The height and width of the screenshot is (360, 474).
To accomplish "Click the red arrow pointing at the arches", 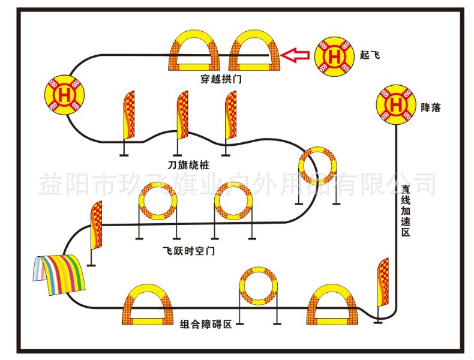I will tap(296, 56).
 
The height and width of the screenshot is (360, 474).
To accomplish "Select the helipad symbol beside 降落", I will tap(396, 105).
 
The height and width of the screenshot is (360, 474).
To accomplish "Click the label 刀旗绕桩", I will tap(189, 163).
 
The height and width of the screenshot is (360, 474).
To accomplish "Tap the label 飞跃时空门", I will tap(188, 251).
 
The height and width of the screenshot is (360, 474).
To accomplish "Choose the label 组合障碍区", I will tap(206, 324).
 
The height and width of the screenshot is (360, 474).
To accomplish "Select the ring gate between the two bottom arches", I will tap(259, 287).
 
